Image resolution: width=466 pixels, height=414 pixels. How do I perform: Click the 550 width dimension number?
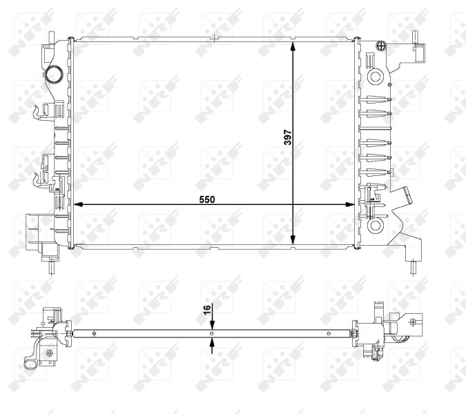208,199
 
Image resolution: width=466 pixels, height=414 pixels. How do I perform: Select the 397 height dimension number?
288,139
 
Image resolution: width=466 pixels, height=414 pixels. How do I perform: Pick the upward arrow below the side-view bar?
212,345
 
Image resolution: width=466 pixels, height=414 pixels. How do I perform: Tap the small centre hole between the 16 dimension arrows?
212,333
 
